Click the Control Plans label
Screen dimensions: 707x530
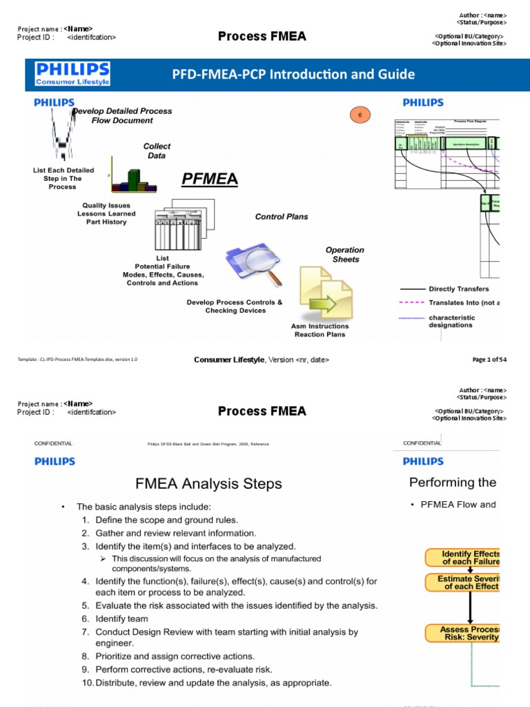pyautogui.click(x=282, y=217)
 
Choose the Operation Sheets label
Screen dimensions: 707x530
pyautogui.click(x=344, y=255)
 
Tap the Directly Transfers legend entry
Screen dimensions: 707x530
pyautogui.click(x=458, y=289)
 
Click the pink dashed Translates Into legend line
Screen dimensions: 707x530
pyautogui.click(x=412, y=302)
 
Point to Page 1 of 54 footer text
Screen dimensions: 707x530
pyautogui.click(x=489, y=360)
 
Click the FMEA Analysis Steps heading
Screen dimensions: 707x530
pyautogui.click(x=208, y=484)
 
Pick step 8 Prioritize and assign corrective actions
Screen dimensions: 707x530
pyautogui.click(x=175, y=656)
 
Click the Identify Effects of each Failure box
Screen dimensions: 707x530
pyautogui.click(x=462, y=558)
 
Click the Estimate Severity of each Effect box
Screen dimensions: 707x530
pyautogui.click(x=462, y=583)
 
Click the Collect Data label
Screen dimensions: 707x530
pyautogui.click(x=157, y=151)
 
